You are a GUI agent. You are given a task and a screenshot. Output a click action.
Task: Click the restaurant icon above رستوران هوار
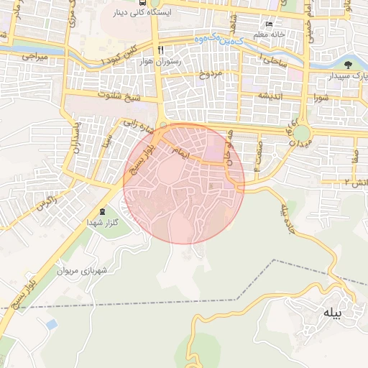click(x=161, y=50)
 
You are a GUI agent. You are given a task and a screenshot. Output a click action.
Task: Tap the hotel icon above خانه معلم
click(x=269, y=23)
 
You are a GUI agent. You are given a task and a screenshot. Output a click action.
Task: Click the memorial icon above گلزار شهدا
click(x=102, y=211)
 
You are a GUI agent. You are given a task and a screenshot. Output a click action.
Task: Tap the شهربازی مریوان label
click(x=106, y=270)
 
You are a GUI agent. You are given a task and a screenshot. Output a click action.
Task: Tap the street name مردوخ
click(x=211, y=73)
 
